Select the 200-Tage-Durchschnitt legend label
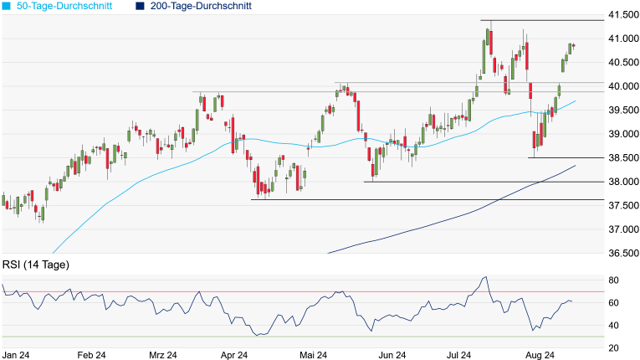coord(201,6)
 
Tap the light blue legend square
coord(7,6)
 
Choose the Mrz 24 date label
coord(161,355)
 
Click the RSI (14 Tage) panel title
coord(36,265)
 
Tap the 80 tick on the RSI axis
coord(613,280)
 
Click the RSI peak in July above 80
coord(485,277)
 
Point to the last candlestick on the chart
coord(574,45)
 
